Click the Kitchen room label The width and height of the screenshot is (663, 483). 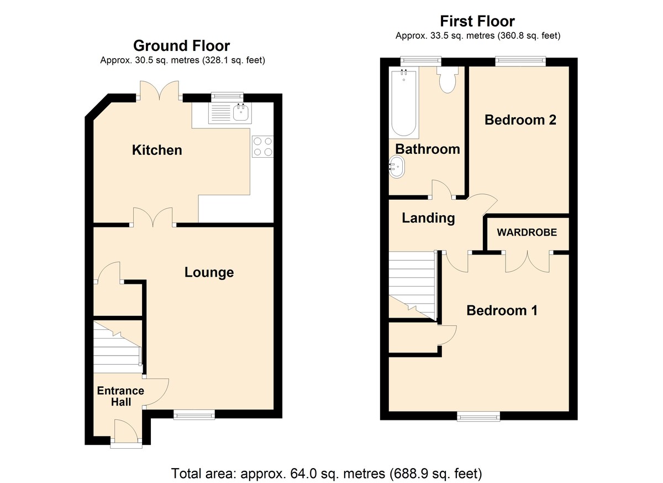point(157,150)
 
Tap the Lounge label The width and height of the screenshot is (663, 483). point(209,272)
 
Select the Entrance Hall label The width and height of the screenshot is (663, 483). point(121,396)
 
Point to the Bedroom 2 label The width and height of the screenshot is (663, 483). point(520,120)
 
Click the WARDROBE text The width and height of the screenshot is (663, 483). point(527,232)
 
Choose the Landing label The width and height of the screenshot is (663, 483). point(428,218)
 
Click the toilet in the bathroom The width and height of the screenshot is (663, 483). point(447,80)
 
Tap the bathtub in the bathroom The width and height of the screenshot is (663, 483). point(404,102)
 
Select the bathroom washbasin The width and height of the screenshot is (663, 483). point(396,168)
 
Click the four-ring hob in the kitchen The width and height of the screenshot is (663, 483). point(263,147)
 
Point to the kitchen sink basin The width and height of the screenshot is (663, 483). point(241,113)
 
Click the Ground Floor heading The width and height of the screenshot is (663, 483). point(181,45)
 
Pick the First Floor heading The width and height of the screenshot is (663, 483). point(477,22)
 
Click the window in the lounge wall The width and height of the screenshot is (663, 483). point(194,414)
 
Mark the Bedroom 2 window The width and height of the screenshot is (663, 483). point(520,61)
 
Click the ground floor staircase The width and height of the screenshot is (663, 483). point(117,347)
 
